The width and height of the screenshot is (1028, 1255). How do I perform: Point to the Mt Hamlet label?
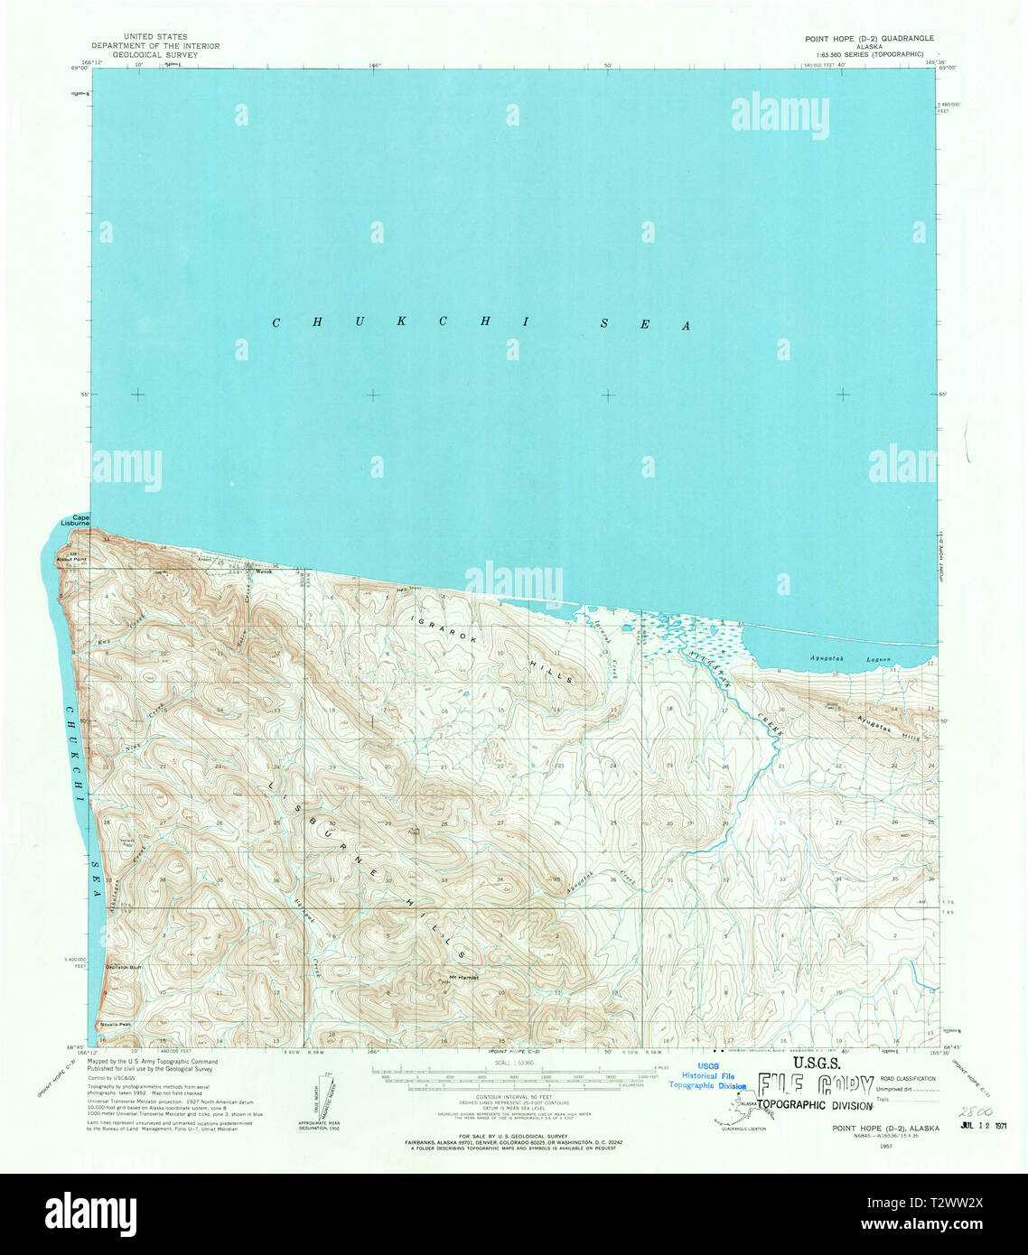(x=463, y=977)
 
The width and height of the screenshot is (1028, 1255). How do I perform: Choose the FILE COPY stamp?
(x=816, y=1086)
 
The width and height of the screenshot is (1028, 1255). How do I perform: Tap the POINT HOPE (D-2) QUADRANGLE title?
(x=869, y=39)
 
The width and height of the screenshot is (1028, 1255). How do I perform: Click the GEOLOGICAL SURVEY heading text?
(x=144, y=55)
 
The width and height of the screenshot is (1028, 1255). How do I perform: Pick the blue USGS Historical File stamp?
(x=707, y=1075)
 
